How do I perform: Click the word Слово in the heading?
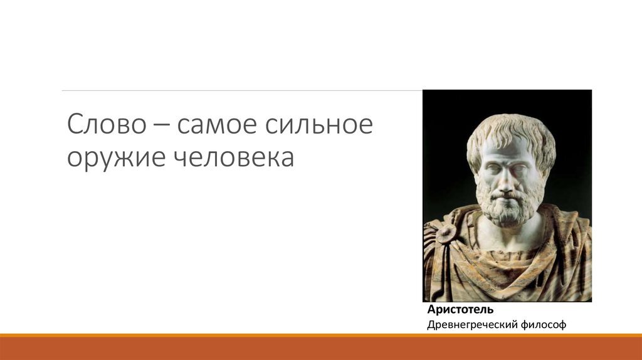[107, 124]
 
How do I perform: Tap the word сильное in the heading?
[318, 124]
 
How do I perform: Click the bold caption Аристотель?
[460, 309]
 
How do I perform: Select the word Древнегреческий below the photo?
[472, 325]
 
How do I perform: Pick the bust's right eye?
[493, 169]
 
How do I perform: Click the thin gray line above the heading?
[242, 90]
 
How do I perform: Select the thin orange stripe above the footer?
[321, 336]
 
